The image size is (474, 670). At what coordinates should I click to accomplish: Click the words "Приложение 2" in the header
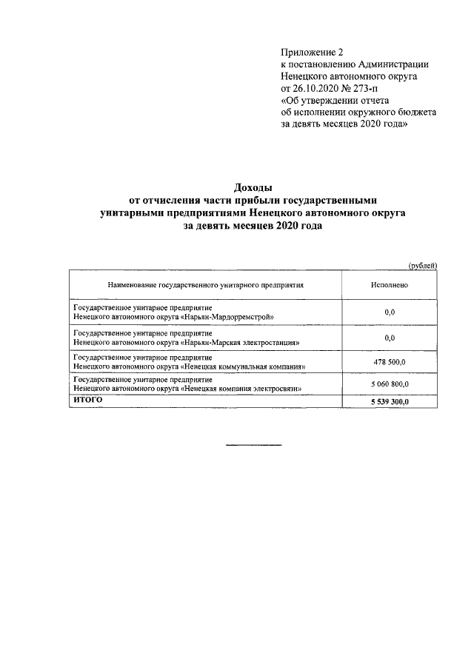[313, 51]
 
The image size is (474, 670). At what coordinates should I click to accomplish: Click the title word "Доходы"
[253, 188]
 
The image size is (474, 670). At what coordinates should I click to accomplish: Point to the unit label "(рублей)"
[423, 265]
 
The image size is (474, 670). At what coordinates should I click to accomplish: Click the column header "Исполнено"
[390, 284]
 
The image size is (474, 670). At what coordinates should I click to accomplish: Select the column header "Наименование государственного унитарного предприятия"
[206, 284]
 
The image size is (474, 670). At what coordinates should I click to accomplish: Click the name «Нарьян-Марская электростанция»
[240, 344]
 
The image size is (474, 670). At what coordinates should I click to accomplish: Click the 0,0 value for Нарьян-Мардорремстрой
[390, 312]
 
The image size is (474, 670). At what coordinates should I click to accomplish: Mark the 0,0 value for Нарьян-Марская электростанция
[390, 338]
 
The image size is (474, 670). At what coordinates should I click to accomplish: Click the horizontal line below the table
[253, 445]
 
